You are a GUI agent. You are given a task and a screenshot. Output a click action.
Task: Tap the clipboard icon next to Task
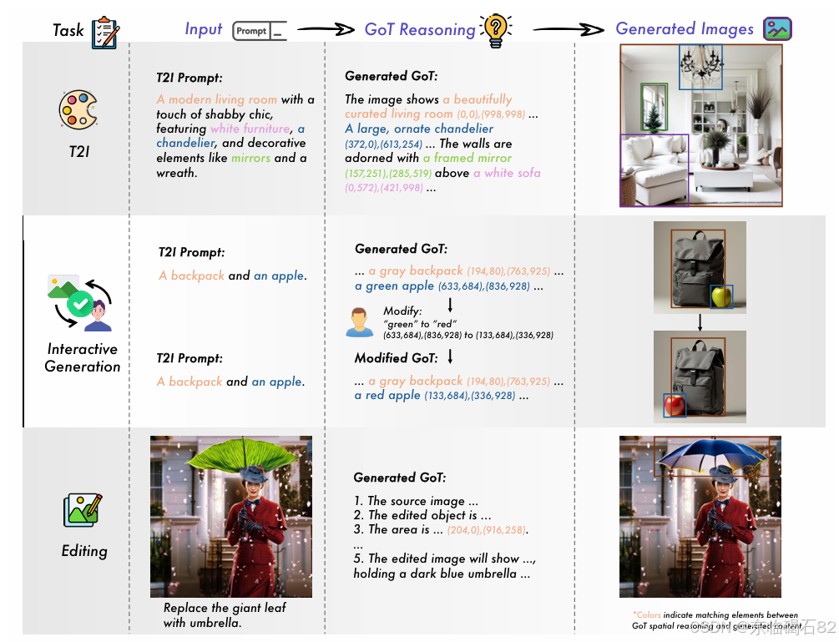(105, 31)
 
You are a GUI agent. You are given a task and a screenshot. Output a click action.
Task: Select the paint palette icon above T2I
(78, 111)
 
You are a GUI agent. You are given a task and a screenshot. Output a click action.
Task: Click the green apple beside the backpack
(720, 296)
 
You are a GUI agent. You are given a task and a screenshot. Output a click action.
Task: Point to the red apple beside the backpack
(675, 406)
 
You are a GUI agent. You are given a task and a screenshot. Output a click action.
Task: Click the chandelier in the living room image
(700, 65)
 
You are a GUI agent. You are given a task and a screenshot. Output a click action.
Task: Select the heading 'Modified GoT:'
(395, 359)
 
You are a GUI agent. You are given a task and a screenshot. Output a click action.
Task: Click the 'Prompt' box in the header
(259, 31)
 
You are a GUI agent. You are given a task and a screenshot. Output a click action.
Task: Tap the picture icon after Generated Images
(777, 29)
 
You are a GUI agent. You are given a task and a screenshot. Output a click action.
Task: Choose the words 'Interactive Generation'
(83, 357)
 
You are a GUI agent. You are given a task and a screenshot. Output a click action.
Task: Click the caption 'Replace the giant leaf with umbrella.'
(225, 614)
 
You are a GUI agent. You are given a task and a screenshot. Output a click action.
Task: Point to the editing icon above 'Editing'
(83, 510)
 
